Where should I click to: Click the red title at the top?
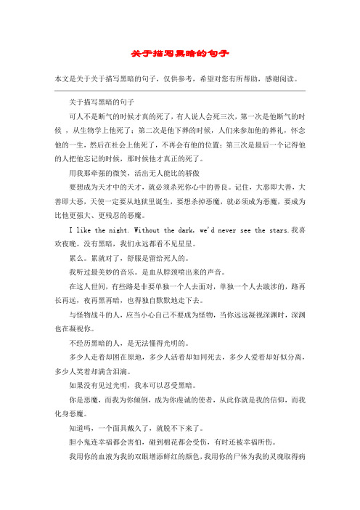tap(180, 54)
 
